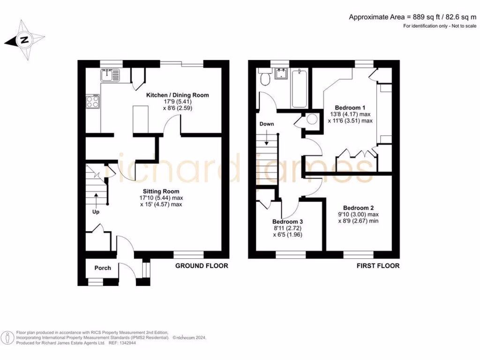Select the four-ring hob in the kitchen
(93, 102)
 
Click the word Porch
(103, 268)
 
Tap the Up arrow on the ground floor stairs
(97, 200)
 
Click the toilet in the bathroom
(265, 79)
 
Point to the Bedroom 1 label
(351, 107)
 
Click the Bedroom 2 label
(358, 208)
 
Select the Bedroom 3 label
(288, 222)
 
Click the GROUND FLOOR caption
(202, 266)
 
